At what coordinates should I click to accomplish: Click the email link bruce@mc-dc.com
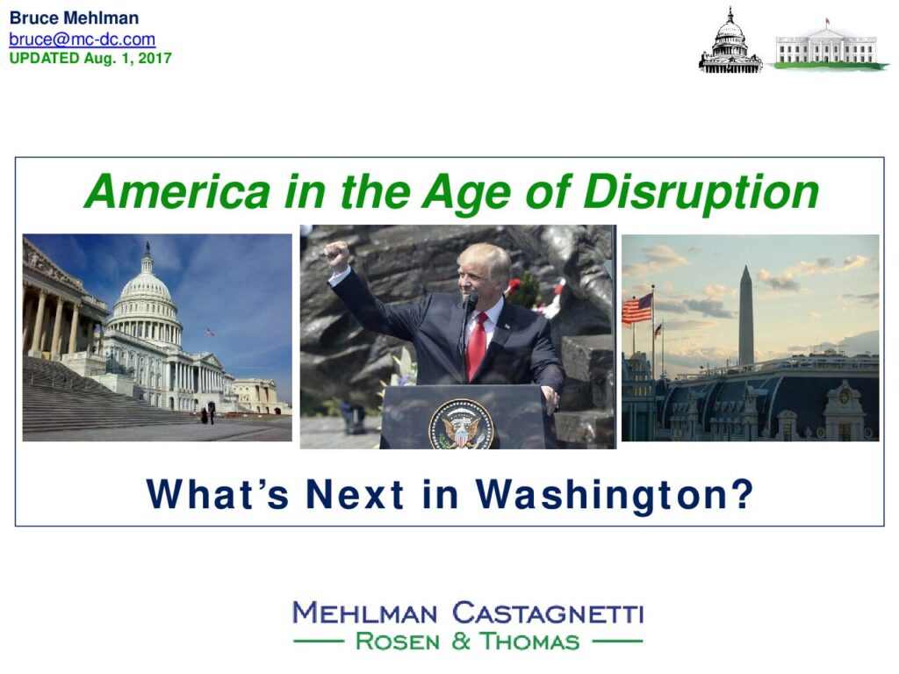(82, 39)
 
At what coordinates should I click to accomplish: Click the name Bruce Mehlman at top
(74, 18)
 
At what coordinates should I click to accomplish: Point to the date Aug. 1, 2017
(127, 58)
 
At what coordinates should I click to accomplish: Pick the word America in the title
(177, 191)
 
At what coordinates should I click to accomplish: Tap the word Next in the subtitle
(355, 494)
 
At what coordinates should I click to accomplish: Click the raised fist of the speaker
(336, 255)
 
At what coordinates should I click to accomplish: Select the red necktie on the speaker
(477, 345)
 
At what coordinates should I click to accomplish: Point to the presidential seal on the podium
(461, 425)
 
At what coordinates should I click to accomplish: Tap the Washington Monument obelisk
(746, 315)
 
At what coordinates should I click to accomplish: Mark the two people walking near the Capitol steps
(207, 414)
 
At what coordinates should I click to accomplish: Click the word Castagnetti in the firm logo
(548, 613)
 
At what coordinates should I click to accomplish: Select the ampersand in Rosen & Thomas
(460, 642)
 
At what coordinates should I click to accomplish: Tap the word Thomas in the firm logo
(529, 642)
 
